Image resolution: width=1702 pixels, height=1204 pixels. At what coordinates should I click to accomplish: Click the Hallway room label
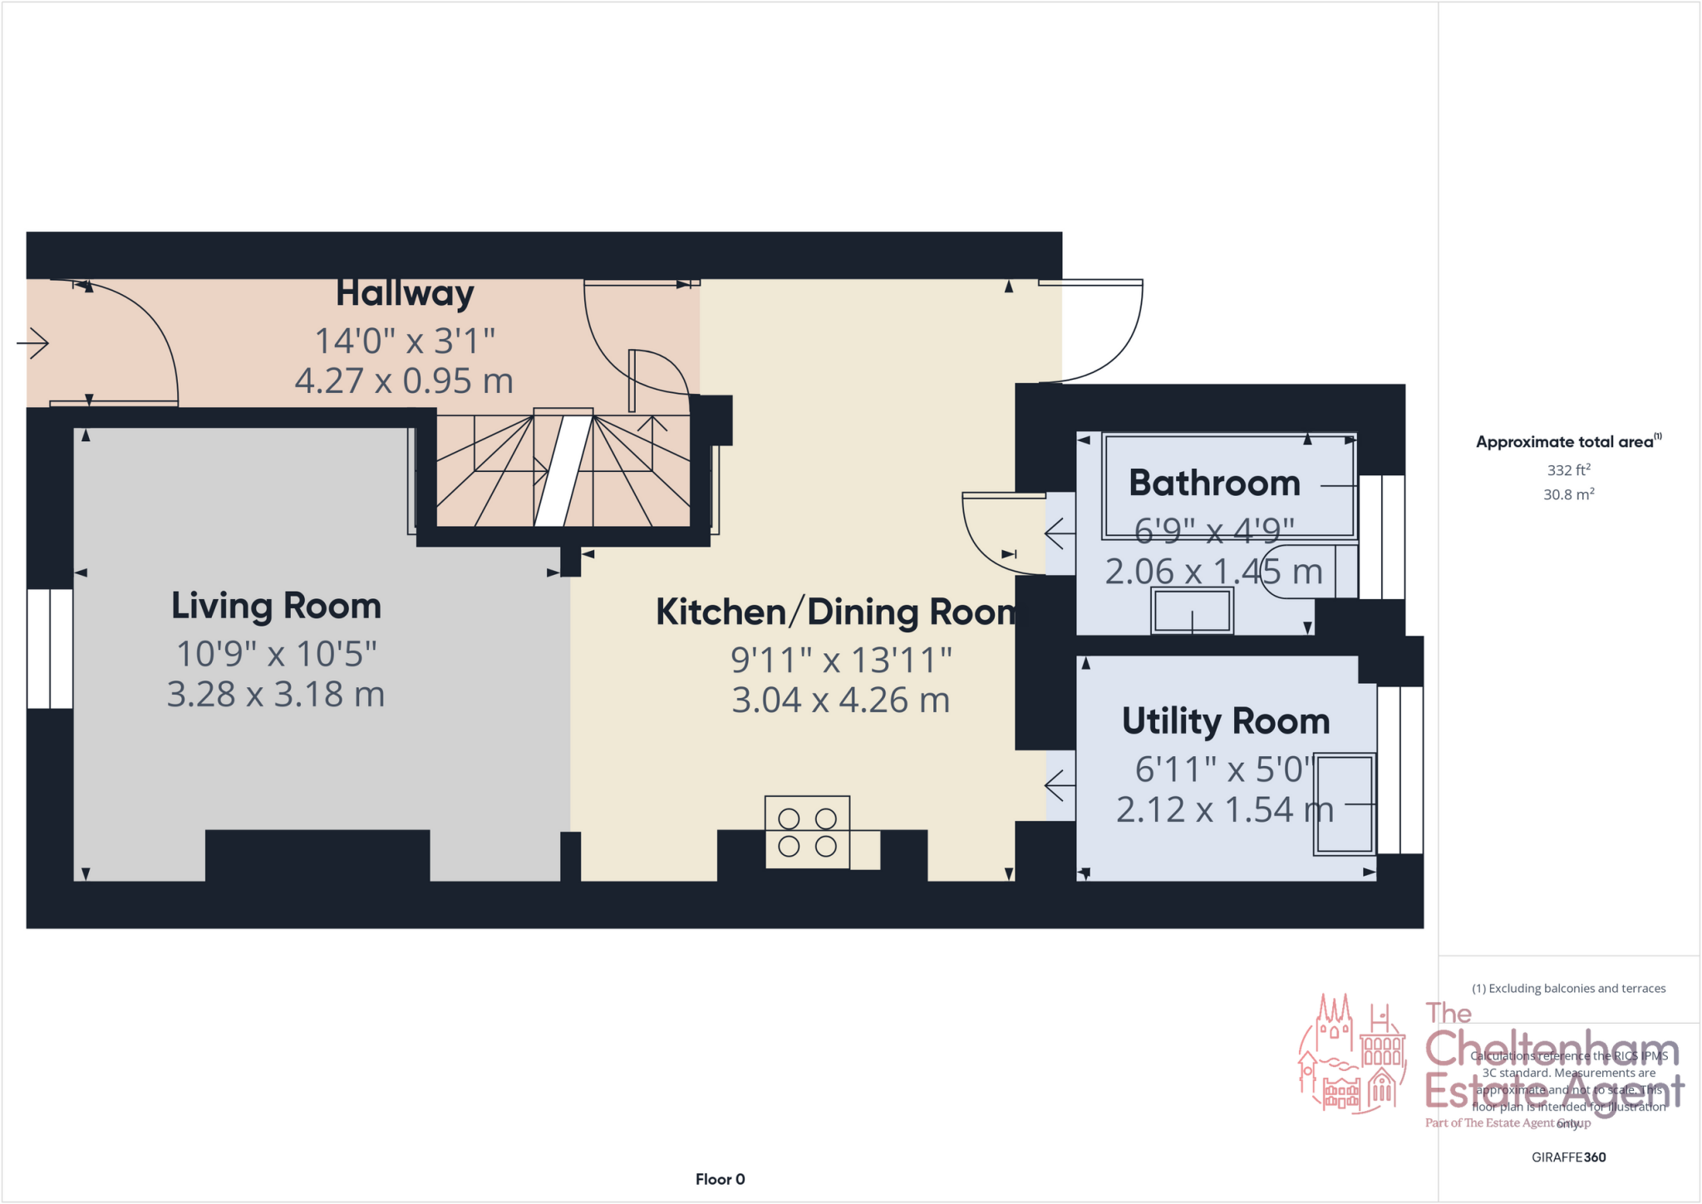click(405, 294)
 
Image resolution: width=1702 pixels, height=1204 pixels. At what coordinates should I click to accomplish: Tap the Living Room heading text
click(276, 606)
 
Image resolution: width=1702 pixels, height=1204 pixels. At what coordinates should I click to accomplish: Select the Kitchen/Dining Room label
click(836, 612)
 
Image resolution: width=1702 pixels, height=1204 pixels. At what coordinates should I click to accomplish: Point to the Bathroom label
click(1213, 484)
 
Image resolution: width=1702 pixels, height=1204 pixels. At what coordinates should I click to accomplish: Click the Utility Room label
click(1225, 721)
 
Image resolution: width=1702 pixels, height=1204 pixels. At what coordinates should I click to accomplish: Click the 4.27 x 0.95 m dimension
click(404, 381)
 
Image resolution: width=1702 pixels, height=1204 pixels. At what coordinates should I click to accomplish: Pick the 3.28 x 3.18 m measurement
click(276, 695)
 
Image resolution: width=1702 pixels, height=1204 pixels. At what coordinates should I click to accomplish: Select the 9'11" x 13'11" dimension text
click(840, 661)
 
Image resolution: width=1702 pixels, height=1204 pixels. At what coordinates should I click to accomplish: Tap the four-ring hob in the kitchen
click(807, 833)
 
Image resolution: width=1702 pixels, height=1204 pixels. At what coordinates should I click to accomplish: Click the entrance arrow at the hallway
click(33, 342)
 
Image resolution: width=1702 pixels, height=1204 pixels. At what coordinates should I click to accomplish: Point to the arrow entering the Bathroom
click(1060, 533)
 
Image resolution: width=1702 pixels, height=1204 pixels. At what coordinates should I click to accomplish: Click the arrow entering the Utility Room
click(1060, 784)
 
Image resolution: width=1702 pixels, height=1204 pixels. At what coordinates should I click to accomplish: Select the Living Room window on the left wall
click(50, 649)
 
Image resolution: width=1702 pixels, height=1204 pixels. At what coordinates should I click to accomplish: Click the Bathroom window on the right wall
click(1381, 537)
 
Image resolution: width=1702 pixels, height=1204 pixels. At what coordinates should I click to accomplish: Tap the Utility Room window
click(1400, 770)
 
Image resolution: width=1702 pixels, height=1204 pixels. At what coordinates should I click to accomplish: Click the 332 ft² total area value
click(1568, 470)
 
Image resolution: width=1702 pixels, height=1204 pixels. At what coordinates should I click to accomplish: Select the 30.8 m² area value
click(1568, 494)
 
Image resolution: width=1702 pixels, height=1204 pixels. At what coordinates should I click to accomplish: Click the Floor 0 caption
click(720, 1179)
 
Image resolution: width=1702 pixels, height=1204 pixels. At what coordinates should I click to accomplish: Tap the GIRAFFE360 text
click(1568, 1157)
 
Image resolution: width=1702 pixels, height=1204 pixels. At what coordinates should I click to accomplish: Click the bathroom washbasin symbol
click(1192, 612)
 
